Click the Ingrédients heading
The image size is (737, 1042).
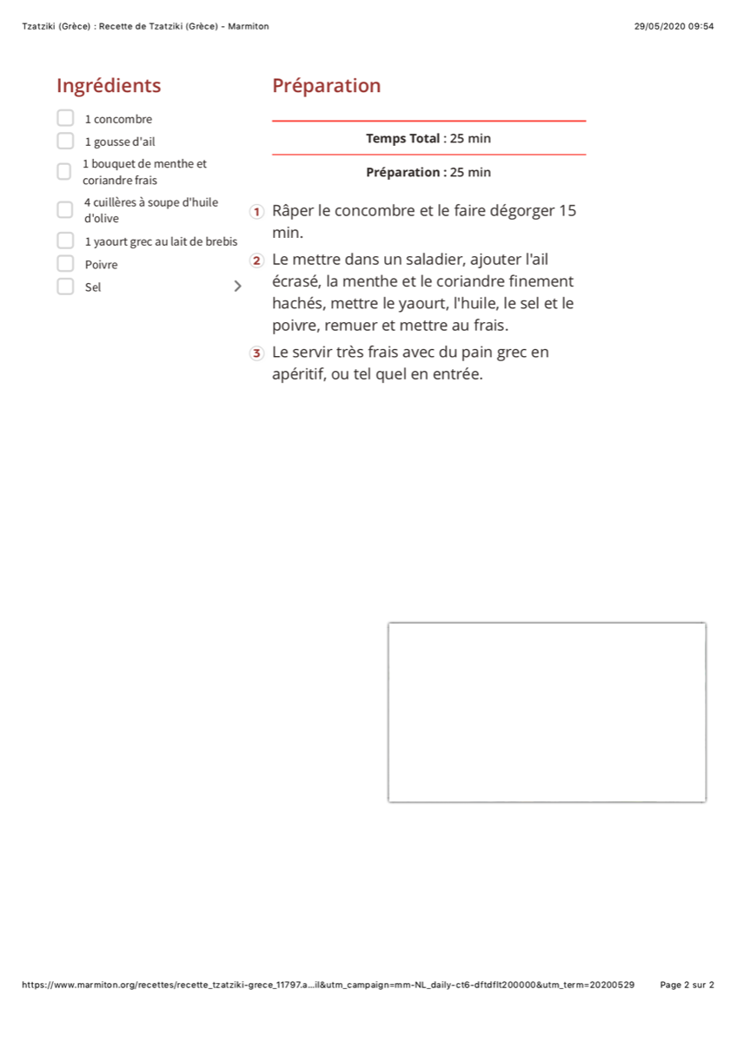click(x=109, y=86)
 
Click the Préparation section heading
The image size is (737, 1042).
click(x=326, y=86)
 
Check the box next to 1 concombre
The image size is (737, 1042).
click(x=65, y=118)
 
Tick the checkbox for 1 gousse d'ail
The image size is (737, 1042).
click(x=65, y=141)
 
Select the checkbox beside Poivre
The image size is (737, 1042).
click(x=65, y=264)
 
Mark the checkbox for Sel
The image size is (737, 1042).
click(x=65, y=287)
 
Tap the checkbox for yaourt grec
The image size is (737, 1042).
click(x=65, y=241)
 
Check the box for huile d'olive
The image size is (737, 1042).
click(x=65, y=210)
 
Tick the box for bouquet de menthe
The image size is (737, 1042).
click(x=64, y=172)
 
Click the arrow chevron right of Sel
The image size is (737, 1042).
click(x=237, y=287)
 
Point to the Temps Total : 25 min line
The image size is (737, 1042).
click(x=428, y=138)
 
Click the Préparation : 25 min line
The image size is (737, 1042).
click(x=428, y=172)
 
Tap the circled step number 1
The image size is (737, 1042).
click(x=256, y=212)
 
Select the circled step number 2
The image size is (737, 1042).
click(x=256, y=260)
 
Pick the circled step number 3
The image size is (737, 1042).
click(x=256, y=353)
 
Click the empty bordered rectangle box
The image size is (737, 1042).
click(x=547, y=712)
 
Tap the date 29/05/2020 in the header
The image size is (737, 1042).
click(x=660, y=26)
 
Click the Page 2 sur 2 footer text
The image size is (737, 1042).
click(x=687, y=985)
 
